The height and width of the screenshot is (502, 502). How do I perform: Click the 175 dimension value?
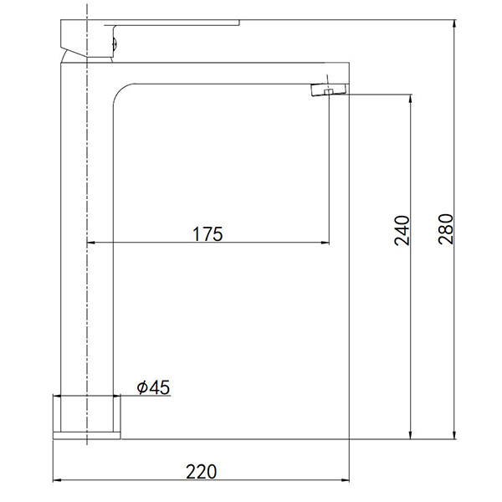tap(207, 233)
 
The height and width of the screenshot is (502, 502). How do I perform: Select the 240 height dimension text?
tap(402, 231)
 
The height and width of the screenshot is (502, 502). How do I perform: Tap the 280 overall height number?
tap(446, 229)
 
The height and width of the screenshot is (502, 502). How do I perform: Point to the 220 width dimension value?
tap(201, 472)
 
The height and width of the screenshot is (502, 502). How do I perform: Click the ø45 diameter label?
tap(153, 387)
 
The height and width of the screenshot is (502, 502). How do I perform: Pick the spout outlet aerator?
tap(330, 89)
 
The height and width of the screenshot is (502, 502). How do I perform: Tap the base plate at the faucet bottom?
tap(86, 435)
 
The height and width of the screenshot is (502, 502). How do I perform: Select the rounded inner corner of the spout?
tap(120, 90)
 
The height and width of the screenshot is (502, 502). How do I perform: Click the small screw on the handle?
tap(115, 44)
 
